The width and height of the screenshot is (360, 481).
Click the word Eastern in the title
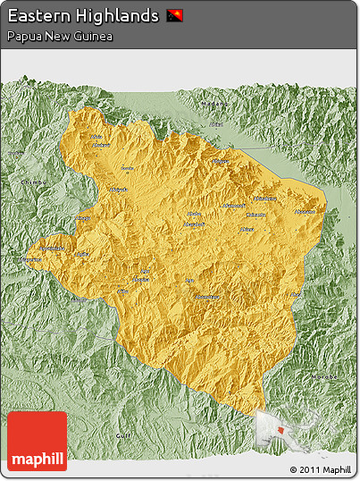[37, 16]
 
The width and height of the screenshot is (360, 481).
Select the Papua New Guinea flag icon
[174, 16]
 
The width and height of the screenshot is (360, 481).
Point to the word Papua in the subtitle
[22, 36]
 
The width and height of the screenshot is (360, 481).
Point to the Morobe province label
[327, 376]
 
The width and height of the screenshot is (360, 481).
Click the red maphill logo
[37, 442]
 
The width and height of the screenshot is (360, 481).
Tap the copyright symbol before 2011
[294, 469]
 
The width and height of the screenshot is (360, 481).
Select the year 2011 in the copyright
[309, 469]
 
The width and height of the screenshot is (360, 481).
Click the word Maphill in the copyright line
[337, 469]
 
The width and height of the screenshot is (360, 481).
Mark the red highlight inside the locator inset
[283, 430]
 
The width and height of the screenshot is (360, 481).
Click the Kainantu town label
[255, 215]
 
